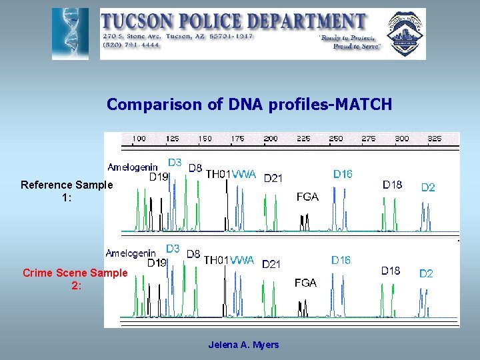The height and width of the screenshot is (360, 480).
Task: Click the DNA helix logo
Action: (x=70, y=34)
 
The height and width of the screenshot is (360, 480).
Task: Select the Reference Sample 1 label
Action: (x=67, y=191)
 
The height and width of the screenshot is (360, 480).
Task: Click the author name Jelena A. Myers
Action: (x=243, y=345)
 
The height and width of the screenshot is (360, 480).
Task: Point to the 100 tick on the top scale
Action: (x=139, y=139)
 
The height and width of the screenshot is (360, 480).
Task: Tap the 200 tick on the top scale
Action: (x=271, y=139)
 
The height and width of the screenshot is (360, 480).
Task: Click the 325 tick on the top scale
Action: (x=434, y=139)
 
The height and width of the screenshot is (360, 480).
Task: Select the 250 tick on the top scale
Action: (x=336, y=139)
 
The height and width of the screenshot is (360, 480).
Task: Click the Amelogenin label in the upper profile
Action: (x=133, y=167)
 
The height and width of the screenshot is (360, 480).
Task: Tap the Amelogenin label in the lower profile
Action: (x=131, y=253)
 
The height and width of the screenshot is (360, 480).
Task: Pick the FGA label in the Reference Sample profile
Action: (x=307, y=197)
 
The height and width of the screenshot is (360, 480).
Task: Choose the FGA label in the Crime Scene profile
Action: (x=305, y=283)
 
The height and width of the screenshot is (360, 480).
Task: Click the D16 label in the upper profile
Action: (x=343, y=174)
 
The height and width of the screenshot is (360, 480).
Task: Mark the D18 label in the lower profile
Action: (x=391, y=271)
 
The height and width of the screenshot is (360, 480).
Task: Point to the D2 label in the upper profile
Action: (x=428, y=187)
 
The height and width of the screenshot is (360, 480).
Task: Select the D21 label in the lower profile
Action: (x=271, y=264)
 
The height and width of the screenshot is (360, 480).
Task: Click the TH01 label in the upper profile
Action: (x=217, y=174)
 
